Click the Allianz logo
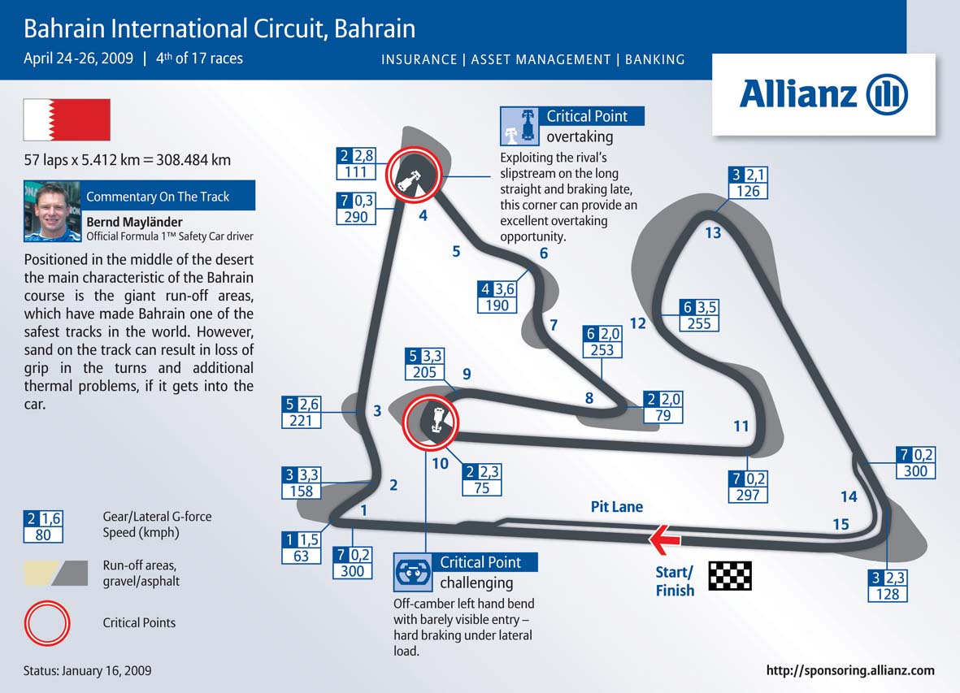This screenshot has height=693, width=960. pyautogui.click(x=823, y=94)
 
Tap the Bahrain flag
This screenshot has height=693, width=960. pyautogui.click(x=67, y=120)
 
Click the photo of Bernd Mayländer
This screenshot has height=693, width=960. pyautogui.click(x=51, y=212)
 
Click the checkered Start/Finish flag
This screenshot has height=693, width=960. pyautogui.click(x=730, y=575)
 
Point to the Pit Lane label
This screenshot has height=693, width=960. pyautogui.click(x=617, y=507)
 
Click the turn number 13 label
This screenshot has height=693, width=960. pyautogui.click(x=713, y=234)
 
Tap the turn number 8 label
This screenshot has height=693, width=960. pyautogui.click(x=589, y=398)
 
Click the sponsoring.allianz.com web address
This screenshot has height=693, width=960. pyautogui.click(x=850, y=671)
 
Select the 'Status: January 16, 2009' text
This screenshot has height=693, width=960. pyautogui.click(x=88, y=671)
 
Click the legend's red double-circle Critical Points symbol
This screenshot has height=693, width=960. pyautogui.click(x=44, y=622)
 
